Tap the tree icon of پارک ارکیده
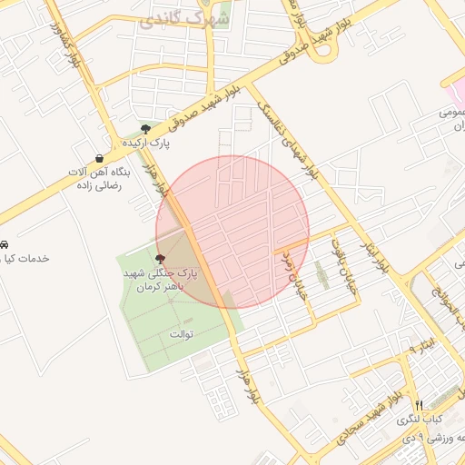pyautogui.click(x=145, y=128)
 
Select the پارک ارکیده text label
pyautogui.click(x=146, y=143)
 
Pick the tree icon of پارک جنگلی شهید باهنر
pyautogui.click(x=162, y=259)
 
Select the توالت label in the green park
pyautogui.click(x=182, y=334)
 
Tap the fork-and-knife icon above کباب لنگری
pyautogui.click(x=419, y=405)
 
